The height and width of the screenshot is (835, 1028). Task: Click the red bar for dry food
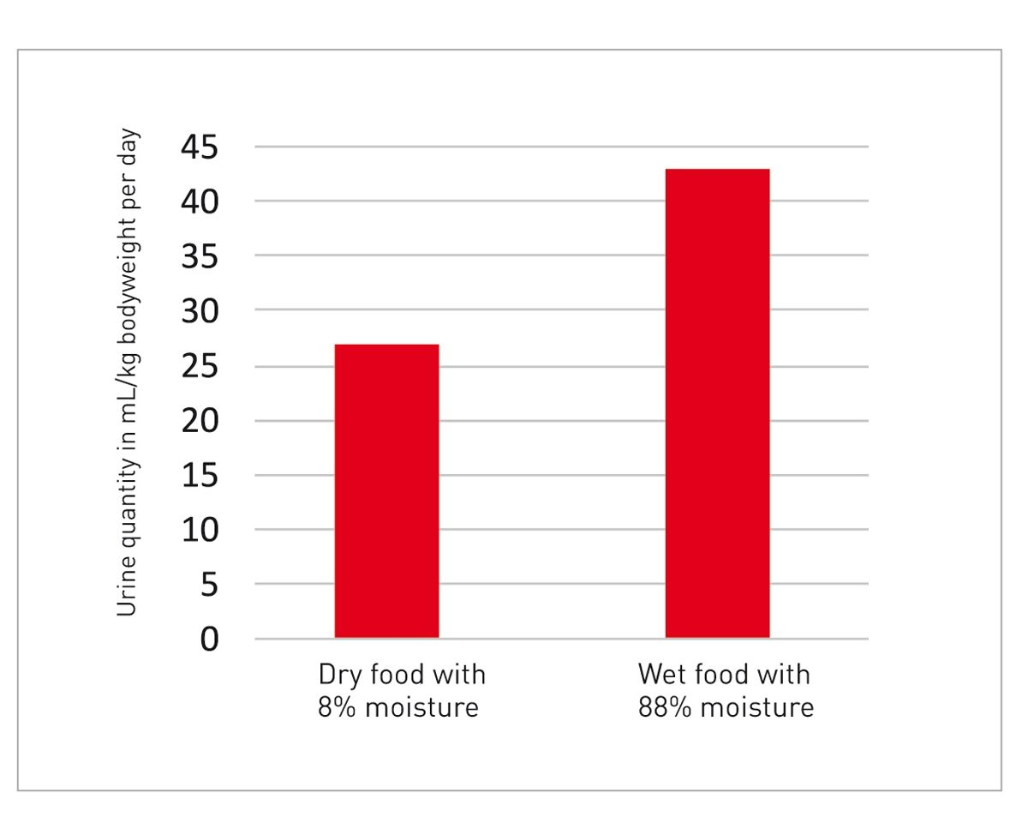[x=386, y=490]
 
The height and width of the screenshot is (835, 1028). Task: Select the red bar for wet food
[x=717, y=403]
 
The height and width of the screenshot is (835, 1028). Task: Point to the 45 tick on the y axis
[x=200, y=147]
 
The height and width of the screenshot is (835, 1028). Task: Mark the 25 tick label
[x=200, y=366]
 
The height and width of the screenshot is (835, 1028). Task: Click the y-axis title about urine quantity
[x=127, y=374]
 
